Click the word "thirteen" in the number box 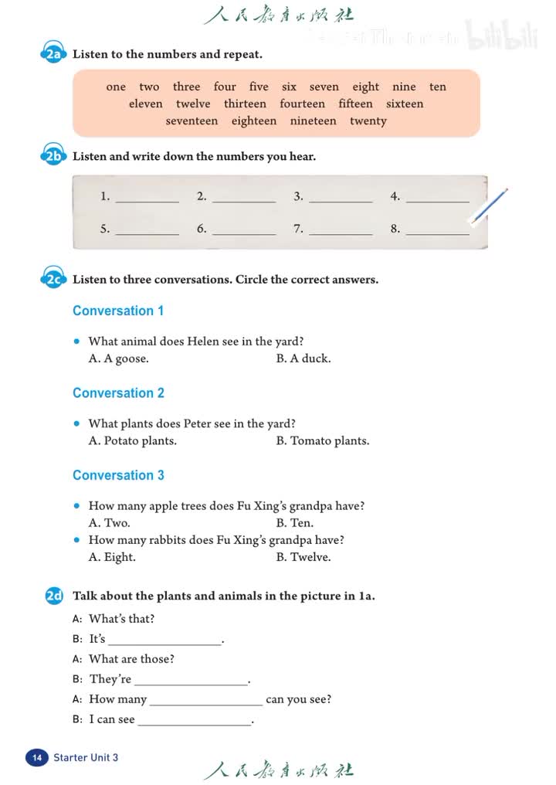[245, 104]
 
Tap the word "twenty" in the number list [368, 121]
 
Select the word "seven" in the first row [324, 87]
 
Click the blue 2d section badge [54, 596]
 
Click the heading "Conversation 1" [118, 311]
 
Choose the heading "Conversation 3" [118, 475]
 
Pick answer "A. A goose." [119, 359]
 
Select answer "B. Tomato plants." [322, 441]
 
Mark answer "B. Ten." [294, 523]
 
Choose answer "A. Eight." [112, 557]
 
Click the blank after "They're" [191, 681]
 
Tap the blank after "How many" [206, 701]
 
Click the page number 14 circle [36, 758]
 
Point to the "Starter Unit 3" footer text [86, 758]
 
